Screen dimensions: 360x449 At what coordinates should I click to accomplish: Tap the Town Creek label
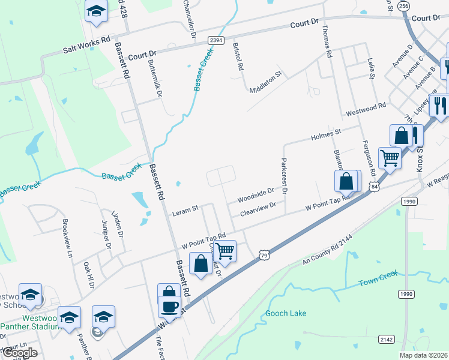tap(378, 282)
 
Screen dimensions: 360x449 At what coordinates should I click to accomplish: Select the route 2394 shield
tap(216, 40)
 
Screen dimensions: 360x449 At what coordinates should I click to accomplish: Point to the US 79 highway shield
tap(264, 256)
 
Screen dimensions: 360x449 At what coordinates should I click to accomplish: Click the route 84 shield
tap(375, 187)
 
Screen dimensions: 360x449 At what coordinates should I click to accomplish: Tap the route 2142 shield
tap(386, 340)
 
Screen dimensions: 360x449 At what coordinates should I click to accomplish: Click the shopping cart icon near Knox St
tap(390, 158)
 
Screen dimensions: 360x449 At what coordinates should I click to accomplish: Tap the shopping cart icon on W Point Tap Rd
tap(224, 251)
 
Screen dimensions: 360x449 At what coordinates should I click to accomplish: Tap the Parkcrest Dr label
tap(283, 176)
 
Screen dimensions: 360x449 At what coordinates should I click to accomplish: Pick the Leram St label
tap(185, 211)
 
